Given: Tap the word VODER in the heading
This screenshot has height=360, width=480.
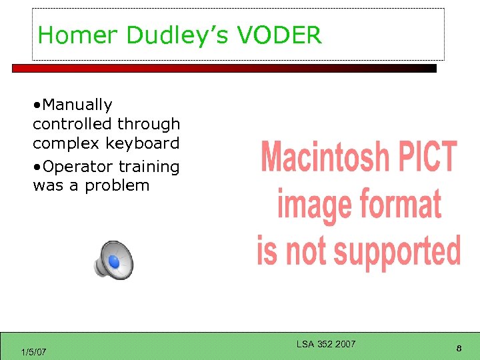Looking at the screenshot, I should click(287, 35).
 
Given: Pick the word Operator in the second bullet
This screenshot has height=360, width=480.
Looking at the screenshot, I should click(77, 166).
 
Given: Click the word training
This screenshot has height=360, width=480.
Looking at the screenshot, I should click(150, 166).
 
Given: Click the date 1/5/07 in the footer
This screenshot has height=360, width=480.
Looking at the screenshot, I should click(33, 351).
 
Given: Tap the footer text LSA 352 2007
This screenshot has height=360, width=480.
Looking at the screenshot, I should click(326, 344).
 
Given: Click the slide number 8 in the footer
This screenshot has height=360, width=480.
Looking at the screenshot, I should click(459, 348).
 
